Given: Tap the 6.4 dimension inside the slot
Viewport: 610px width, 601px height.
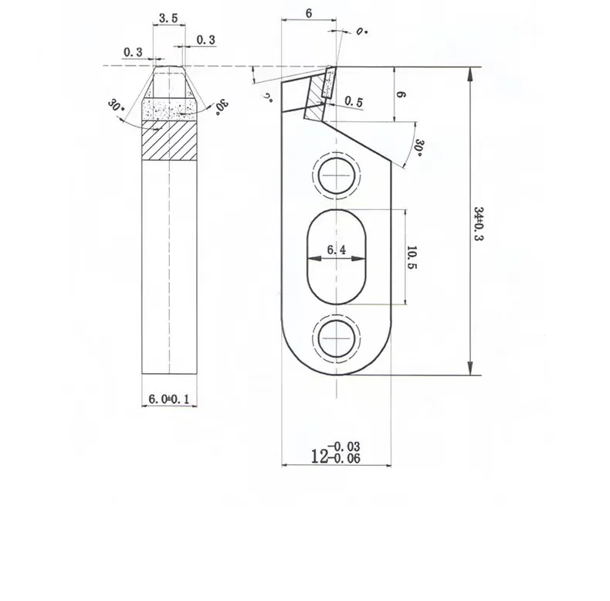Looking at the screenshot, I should pyautogui.click(x=337, y=250).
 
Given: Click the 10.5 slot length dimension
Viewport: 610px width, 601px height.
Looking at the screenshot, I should pyautogui.click(x=412, y=257).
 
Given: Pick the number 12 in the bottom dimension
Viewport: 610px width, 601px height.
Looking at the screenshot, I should pyautogui.click(x=320, y=457).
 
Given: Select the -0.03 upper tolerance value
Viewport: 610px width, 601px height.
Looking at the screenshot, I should pyautogui.click(x=344, y=447).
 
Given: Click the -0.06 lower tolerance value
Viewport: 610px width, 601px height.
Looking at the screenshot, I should pyautogui.click(x=344, y=458).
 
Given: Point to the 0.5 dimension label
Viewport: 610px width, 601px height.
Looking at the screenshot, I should pyautogui.click(x=354, y=102).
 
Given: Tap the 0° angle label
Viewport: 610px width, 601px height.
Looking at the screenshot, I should pyautogui.click(x=362, y=32).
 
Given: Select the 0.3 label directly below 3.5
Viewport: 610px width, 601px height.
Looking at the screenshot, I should pyautogui.click(x=206, y=39).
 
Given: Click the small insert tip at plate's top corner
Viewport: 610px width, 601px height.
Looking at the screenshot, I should pyautogui.click(x=324, y=83).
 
